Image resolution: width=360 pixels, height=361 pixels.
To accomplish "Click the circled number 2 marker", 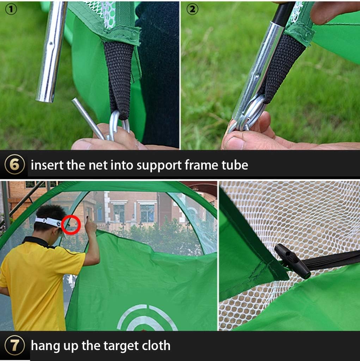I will (x=192, y=10).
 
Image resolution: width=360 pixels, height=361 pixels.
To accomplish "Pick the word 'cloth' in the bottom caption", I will (x=155, y=345).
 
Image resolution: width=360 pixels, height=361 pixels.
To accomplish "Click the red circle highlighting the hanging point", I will (x=71, y=225).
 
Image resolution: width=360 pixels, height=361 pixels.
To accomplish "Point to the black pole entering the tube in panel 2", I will (x=284, y=14).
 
